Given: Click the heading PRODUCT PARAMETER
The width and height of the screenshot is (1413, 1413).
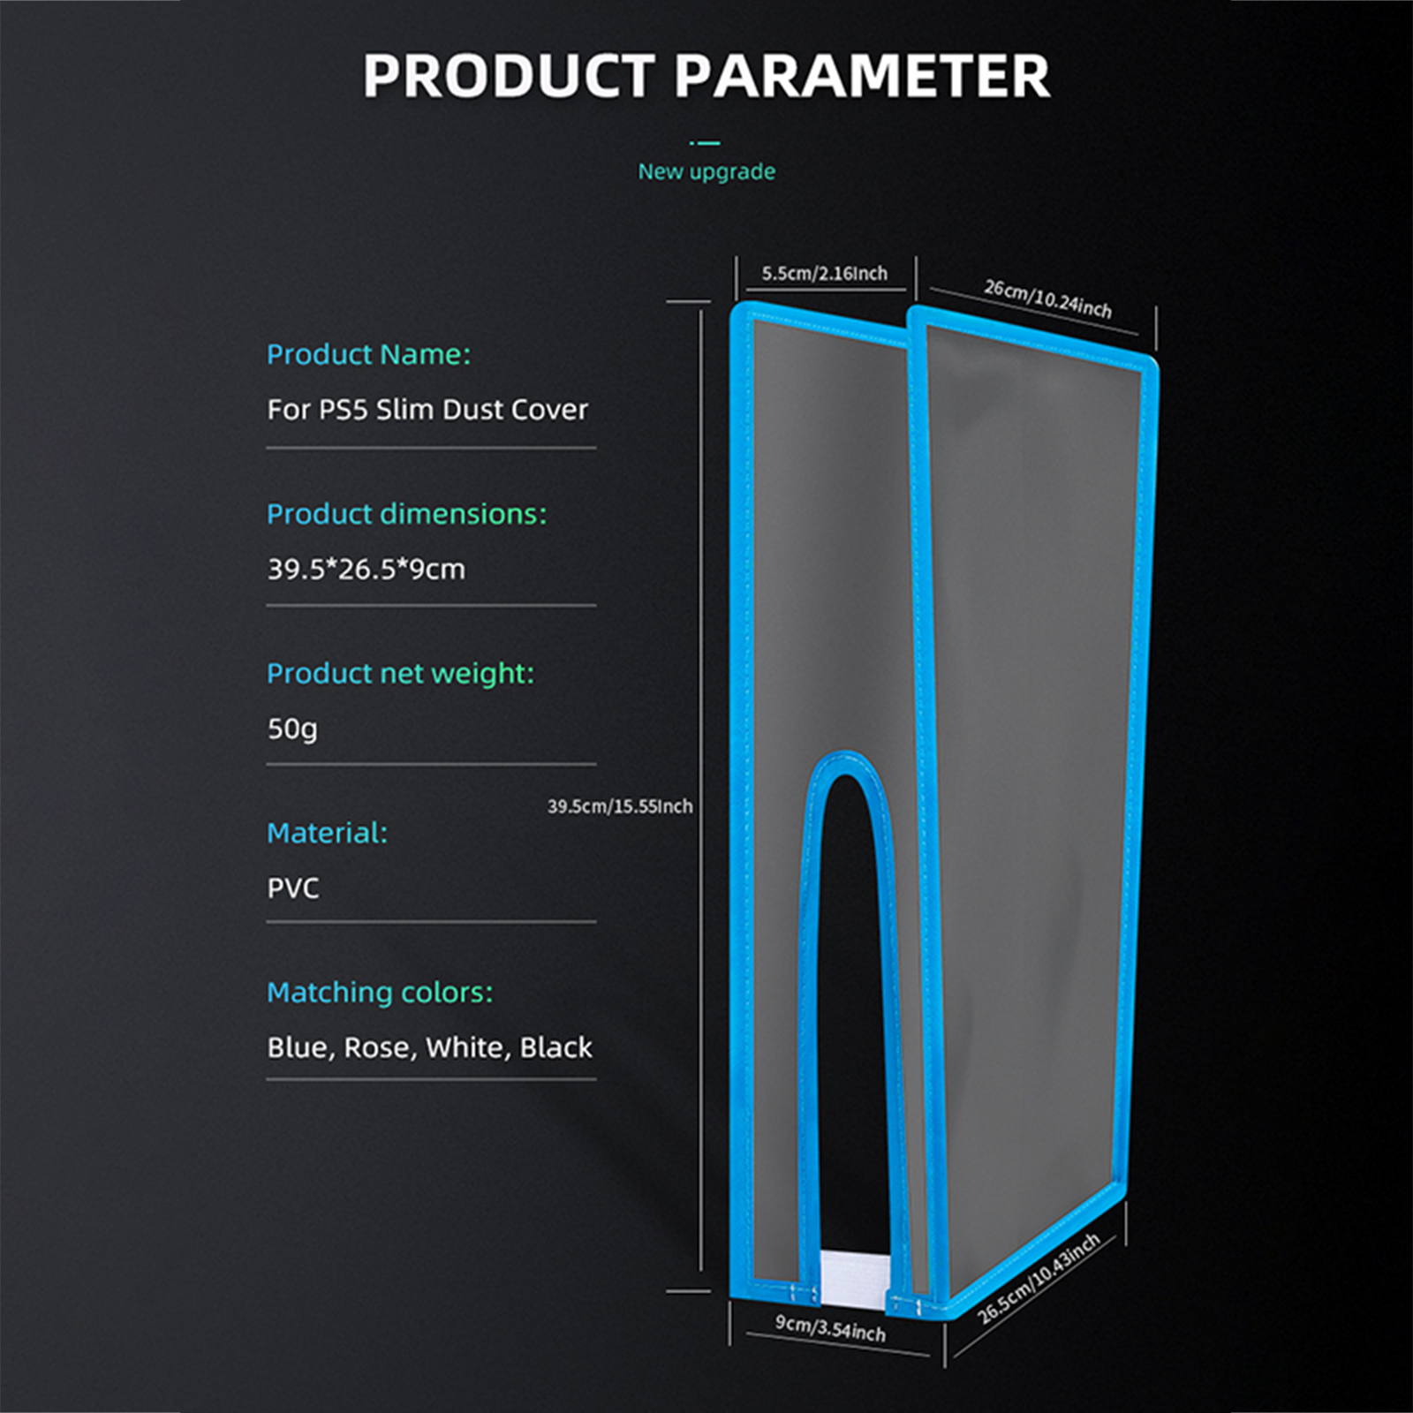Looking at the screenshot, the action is (x=706, y=76).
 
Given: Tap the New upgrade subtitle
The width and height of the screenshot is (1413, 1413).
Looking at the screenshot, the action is (x=706, y=171).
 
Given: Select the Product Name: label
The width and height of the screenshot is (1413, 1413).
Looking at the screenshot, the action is (x=369, y=355).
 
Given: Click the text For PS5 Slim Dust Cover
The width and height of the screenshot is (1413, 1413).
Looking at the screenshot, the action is (x=427, y=410).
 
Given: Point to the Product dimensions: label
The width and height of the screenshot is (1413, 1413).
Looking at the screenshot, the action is (x=407, y=514).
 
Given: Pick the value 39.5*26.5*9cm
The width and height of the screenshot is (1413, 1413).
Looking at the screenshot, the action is (x=366, y=570).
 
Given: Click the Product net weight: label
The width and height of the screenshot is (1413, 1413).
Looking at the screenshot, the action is (x=401, y=674).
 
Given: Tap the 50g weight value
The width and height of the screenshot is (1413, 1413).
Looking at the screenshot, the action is (x=292, y=729).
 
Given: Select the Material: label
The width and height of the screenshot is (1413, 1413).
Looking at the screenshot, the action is (x=328, y=833).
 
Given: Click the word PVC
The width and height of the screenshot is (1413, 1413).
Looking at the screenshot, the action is (x=293, y=888).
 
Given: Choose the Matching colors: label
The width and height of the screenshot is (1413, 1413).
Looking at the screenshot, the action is (x=380, y=993).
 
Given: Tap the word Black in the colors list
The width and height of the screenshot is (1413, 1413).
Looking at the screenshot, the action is (x=556, y=1047).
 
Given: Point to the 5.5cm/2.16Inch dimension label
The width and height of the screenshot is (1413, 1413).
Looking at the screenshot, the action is (x=825, y=274).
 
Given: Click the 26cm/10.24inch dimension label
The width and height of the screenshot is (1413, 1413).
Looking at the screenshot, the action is (x=1048, y=298).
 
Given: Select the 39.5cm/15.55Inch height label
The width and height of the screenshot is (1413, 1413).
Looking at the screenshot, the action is (x=620, y=806).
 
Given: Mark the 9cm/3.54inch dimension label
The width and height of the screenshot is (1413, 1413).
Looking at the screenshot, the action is (x=830, y=1328).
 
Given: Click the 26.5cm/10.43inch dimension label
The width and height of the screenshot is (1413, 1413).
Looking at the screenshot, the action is (x=1039, y=1278).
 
